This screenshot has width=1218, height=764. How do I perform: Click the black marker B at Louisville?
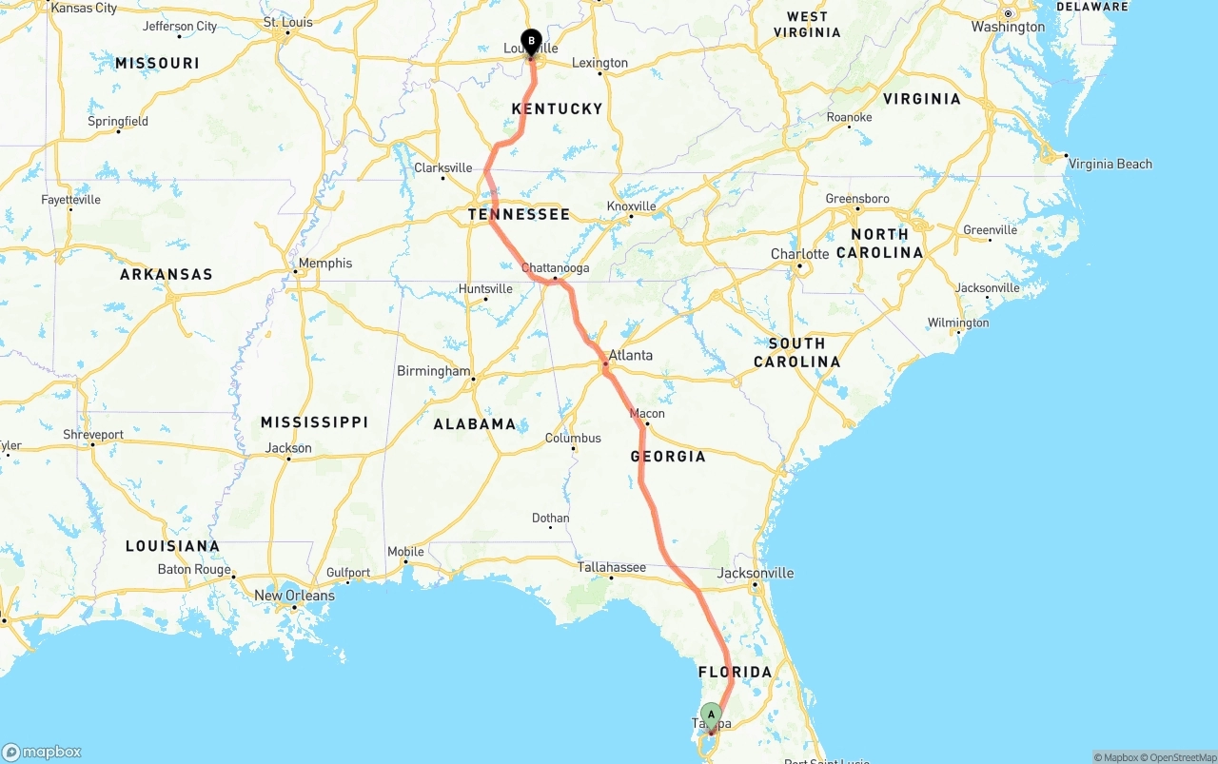pyautogui.click(x=531, y=42)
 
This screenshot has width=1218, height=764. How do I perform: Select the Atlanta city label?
pyautogui.click(x=630, y=355)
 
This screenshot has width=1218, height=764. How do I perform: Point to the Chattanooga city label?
pyautogui.click(x=557, y=268)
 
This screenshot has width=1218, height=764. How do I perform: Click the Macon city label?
pyautogui.click(x=647, y=414)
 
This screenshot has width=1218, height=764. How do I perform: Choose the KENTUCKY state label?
pyautogui.click(x=557, y=108)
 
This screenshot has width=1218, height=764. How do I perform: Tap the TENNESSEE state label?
pyautogui.click(x=519, y=214)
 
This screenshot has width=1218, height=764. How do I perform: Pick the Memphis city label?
pyautogui.click(x=324, y=264)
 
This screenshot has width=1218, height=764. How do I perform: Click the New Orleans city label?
pyautogui.click(x=294, y=596)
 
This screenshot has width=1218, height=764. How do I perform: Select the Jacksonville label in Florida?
pyautogui.click(x=756, y=573)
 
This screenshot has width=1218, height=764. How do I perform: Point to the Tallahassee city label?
pyautogui.click(x=611, y=567)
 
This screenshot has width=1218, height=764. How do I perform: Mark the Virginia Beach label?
pyautogui.click(x=1110, y=164)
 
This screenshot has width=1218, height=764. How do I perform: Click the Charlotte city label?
pyautogui.click(x=799, y=254)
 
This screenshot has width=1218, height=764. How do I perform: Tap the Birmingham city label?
pyautogui.click(x=433, y=371)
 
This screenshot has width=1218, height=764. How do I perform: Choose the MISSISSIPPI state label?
pyautogui.click(x=314, y=421)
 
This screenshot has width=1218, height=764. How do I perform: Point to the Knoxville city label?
pyautogui.click(x=631, y=206)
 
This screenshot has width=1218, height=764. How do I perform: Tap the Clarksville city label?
pyautogui.click(x=442, y=168)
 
